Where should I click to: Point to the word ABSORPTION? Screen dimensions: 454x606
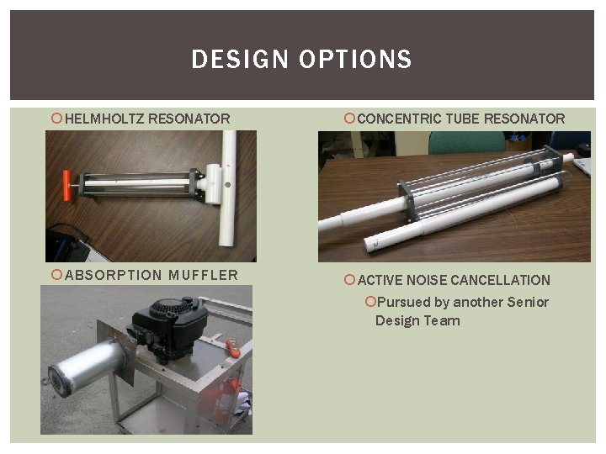(x=113, y=275)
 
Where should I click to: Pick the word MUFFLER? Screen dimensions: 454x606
(x=203, y=275)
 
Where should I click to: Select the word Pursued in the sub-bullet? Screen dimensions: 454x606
(x=402, y=302)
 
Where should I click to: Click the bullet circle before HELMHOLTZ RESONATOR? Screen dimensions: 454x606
(x=56, y=119)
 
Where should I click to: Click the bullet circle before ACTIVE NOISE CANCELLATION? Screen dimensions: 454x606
(x=350, y=280)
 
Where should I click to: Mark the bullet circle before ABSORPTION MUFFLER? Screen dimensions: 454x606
(x=56, y=275)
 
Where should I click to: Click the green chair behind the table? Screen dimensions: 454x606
(x=454, y=142)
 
